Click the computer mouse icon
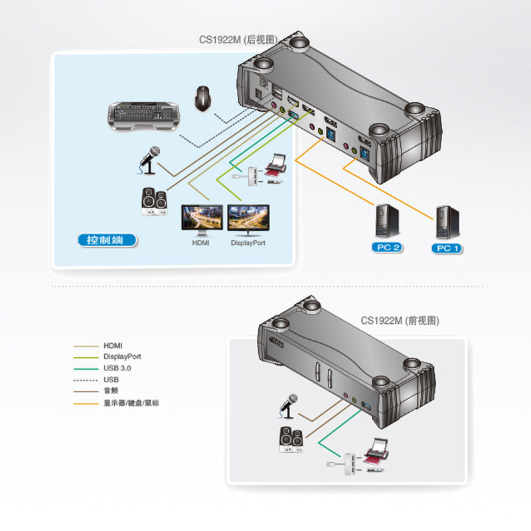pos(202,98)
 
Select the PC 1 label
pos(447,248)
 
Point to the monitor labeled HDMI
pos(201,220)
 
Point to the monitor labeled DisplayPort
pos(248,220)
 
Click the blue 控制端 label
pos(105,240)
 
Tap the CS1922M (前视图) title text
pos(400,320)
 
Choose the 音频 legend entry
pos(111,391)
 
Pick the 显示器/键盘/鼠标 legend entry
pos(131,402)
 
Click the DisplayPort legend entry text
pos(122,356)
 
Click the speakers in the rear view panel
pos(155,202)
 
